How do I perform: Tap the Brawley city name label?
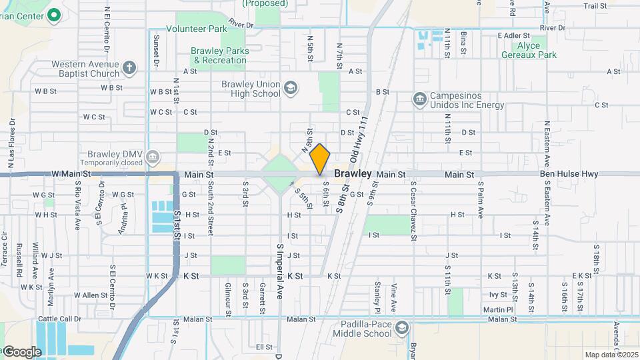coord(353,173)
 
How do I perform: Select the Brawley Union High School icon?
coord(290,87)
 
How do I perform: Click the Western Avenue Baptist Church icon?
coord(129,67)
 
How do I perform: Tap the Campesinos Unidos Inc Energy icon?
coord(419,99)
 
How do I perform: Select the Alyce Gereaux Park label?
coord(537,50)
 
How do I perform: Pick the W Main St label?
coord(70,174)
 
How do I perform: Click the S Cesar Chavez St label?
coord(413,210)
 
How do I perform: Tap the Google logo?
coord(22,351)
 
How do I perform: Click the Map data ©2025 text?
coord(611,355)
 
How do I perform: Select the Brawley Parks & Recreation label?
coord(219,55)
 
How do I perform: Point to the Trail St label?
coord(595,6)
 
